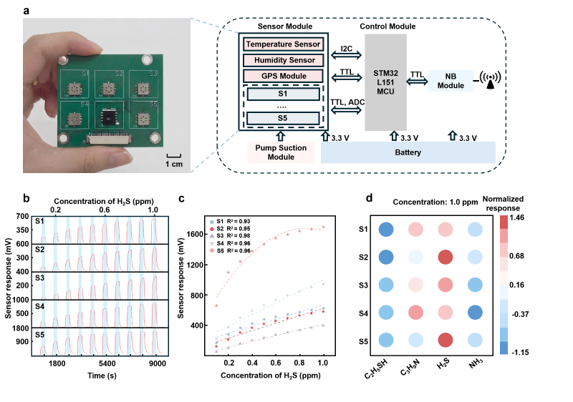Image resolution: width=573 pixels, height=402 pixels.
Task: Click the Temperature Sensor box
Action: (283, 44)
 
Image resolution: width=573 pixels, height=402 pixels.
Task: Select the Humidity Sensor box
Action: (283, 60)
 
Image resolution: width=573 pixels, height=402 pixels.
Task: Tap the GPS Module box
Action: (283, 76)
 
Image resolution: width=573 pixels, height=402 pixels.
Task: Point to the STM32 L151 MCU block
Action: (385, 82)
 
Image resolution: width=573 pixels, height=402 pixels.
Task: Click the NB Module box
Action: (451, 81)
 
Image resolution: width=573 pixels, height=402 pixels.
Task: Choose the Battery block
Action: (408, 152)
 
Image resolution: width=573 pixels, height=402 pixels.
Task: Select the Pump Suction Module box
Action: (281, 152)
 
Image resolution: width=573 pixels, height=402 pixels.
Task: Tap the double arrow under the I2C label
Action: (346, 55)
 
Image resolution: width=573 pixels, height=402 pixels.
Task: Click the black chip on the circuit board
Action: (109, 117)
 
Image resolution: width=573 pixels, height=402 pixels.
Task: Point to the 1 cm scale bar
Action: (174, 156)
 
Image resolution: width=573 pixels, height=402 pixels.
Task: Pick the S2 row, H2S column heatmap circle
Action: (446, 257)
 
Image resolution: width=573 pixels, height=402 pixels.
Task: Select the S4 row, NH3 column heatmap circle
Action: (475, 313)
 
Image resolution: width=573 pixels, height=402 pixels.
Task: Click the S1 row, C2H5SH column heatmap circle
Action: (386, 230)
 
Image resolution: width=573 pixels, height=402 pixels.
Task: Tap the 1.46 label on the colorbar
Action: (517, 217)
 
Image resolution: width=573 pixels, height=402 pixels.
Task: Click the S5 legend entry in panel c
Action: (230, 250)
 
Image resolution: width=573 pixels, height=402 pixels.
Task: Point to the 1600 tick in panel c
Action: (195, 234)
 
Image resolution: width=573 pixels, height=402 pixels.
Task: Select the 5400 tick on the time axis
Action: (107, 363)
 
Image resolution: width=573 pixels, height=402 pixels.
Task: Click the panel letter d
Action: (369, 198)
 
